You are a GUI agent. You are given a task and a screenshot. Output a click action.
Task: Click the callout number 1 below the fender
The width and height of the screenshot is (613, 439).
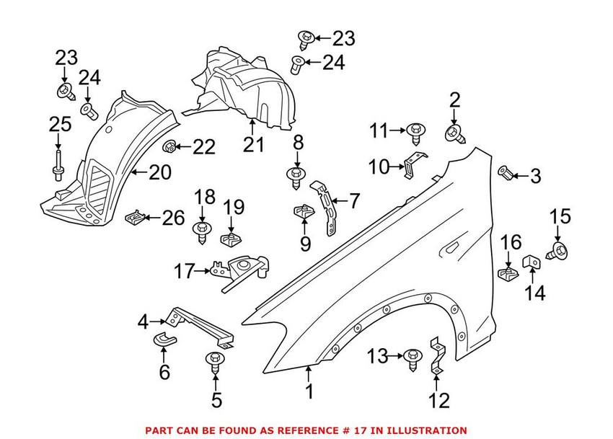pos(309,393)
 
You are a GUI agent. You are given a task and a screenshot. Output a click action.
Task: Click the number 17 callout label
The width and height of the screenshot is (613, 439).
pos(185,272)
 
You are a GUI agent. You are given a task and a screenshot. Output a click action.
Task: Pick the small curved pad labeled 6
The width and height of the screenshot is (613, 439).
pos(164,340)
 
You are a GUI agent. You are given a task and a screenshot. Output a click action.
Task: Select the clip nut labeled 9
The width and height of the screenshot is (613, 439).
pos(303,214)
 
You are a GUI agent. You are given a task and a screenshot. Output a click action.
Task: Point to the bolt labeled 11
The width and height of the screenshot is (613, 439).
pos(415,133)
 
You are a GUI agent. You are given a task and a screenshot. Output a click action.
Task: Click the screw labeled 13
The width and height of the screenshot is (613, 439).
pos(412,357)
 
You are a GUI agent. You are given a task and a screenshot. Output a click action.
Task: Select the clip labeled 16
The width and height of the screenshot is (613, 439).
pos(508,272)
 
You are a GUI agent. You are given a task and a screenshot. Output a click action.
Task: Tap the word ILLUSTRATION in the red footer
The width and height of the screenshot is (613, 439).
pos(425,430)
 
